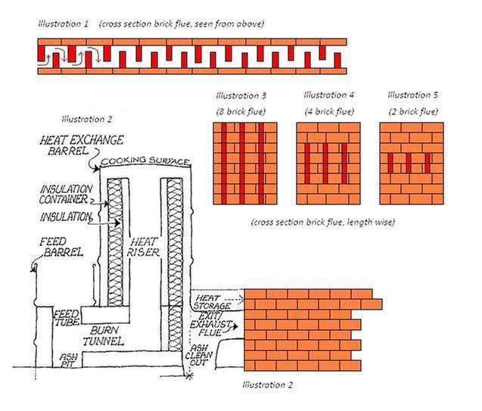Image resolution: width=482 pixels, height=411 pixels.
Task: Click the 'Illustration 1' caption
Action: pos(64,24)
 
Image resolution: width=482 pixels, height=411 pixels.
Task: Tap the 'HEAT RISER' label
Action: pos(143,247)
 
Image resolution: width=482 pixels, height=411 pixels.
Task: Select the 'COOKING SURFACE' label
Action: pos(145,160)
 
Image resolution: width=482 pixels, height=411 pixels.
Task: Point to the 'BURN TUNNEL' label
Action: pos(104,335)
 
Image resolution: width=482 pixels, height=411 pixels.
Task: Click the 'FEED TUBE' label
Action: pos(67,318)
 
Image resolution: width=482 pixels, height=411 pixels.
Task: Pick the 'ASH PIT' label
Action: pos(68,360)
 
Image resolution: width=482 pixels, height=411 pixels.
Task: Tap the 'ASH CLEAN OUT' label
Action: pos(199,355)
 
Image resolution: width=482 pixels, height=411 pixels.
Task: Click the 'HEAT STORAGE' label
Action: pos(212,302)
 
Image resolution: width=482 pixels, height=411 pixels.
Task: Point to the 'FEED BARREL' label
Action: pos(61,247)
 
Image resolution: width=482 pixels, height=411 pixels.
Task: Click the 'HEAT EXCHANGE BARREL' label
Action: pos(82,145)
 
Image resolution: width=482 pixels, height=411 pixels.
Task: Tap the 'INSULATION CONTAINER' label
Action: pos(66,195)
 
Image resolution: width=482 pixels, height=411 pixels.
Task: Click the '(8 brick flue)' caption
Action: pos(241,111)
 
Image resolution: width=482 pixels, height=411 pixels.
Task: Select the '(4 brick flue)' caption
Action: pos(329,111)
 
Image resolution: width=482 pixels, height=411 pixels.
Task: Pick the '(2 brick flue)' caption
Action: pos(413,111)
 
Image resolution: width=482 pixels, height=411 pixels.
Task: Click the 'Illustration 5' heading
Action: pos(412,95)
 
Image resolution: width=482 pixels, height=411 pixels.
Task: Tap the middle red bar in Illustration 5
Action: pos(409,163)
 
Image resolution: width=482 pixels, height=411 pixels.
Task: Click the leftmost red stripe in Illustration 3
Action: pos(224,163)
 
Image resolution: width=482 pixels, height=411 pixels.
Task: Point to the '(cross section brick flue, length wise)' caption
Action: pos(323,223)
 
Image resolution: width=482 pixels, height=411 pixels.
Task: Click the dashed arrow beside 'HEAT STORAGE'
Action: pos(234,299)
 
